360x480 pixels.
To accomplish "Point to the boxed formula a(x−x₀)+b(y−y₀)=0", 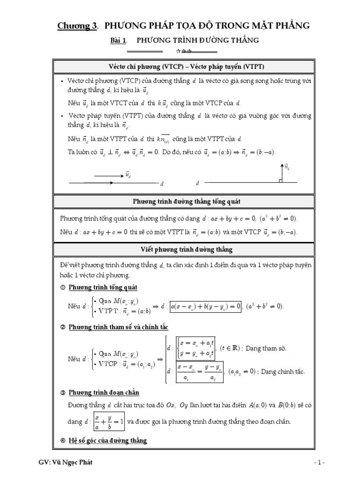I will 206,306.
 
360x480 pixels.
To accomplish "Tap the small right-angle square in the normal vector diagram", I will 280,180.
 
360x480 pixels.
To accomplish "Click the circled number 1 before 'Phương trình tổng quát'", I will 63,287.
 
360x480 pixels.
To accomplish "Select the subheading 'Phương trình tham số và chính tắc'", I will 118,327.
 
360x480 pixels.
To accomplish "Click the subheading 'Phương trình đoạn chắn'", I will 104,392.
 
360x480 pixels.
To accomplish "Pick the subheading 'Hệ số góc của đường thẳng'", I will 107,440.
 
